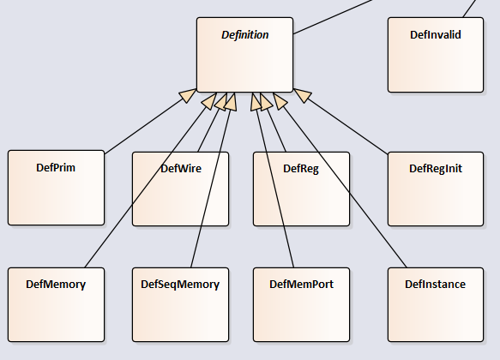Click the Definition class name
[245, 35]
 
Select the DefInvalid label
[436, 35]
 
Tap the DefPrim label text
[56, 168]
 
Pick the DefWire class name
[181, 169]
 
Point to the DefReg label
[301, 169]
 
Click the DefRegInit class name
[436, 169]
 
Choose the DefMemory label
[56, 285]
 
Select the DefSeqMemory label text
[180, 285]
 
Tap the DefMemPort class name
[301, 285]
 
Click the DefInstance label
[436, 285]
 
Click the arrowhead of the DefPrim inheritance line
[188, 95]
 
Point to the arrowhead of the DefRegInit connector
[302, 95]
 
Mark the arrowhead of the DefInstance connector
[280, 100]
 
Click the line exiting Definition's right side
[333, 16]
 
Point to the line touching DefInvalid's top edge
[469, 9]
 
